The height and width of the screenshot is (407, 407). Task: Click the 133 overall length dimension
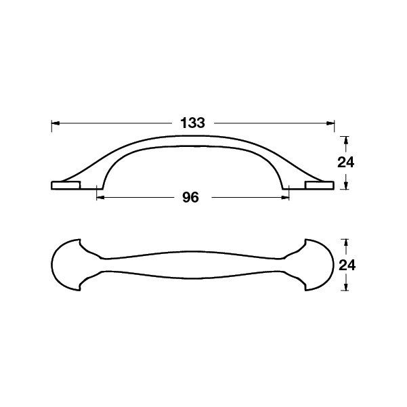coord(192,123)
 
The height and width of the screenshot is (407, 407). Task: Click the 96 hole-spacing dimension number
coord(190,198)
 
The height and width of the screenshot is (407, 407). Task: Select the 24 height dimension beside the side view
coord(345,163)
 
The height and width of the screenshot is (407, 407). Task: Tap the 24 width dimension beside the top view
coord(347,265)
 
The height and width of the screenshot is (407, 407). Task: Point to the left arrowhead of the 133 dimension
coord(56,123)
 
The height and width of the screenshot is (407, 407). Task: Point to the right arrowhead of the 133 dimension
coord(330,123)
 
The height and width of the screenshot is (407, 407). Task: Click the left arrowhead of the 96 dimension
coord(100,198)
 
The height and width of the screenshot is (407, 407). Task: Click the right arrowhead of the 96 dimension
coord(285,198)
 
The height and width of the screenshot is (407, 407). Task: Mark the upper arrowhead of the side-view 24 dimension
coord(345,140)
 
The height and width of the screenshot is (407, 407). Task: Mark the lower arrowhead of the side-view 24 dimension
coord(345,185)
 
